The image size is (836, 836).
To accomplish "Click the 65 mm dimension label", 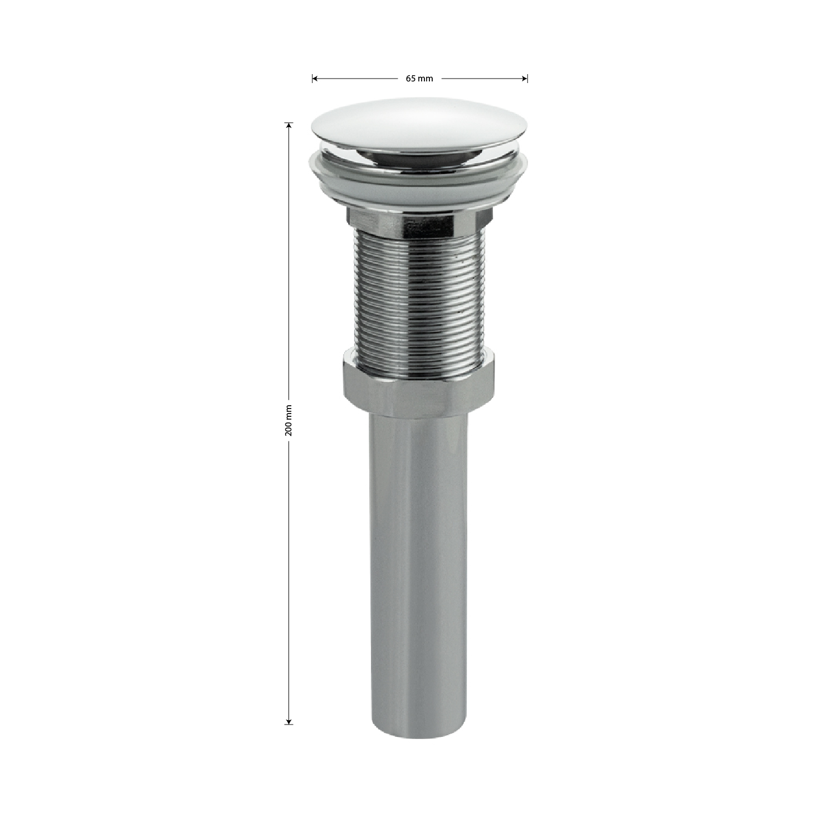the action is [419, 79].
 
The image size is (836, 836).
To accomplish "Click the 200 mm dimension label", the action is [289, 420].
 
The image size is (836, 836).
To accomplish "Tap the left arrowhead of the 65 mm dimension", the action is [314, 79].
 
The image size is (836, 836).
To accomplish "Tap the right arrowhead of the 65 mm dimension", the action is [525, 79].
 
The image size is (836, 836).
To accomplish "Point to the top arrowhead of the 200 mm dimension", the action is [289, 125].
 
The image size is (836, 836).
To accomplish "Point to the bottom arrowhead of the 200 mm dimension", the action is [289, 721].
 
